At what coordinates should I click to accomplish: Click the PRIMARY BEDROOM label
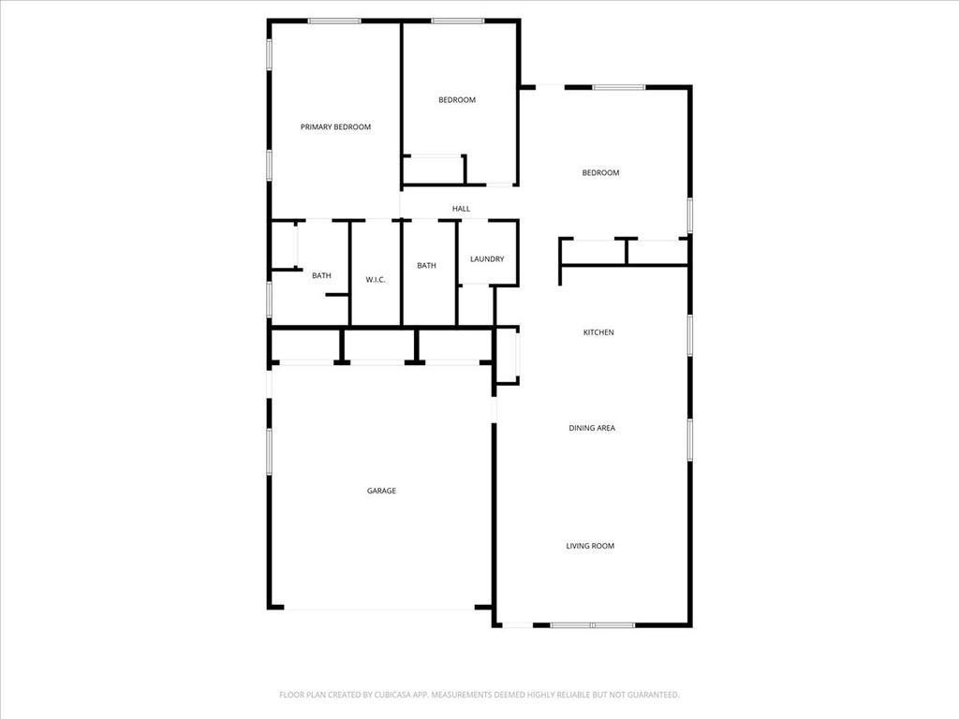tap(335, 126)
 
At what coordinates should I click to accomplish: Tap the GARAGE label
tap(381, 491)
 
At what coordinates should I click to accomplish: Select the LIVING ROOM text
tap(590, 546)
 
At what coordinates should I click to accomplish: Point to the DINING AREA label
tap(592, 428)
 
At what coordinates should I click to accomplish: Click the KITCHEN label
tap(598, 332)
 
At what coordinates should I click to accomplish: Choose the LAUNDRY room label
tap(487, 259)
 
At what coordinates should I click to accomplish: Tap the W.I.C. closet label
tap(376, 280)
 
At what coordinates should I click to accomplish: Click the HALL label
tap(461, 209)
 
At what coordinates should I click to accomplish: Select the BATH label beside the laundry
tap(426, 266)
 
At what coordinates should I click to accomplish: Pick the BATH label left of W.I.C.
tap(321, 275)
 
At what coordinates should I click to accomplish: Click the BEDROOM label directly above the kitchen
tap(600, 172)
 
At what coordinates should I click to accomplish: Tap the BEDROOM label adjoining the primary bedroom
tap(457, 100)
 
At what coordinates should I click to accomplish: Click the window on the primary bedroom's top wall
tap(334, 21)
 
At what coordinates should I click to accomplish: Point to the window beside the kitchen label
tap(690, 334)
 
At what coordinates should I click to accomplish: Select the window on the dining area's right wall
tap(690, 439)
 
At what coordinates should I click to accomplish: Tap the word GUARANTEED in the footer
tap(648, 695)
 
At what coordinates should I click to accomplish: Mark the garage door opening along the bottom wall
tap(379, 609)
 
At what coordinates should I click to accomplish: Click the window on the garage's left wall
tap(269, 451)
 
